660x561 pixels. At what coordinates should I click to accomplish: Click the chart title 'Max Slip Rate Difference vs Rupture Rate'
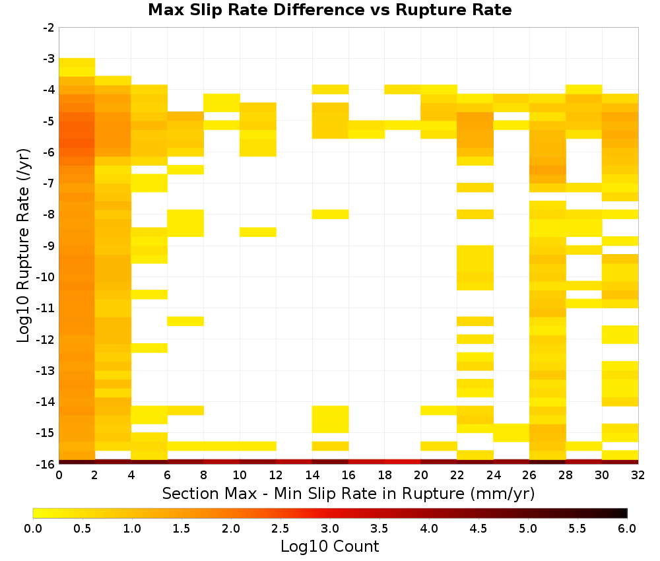(x=329, y=10)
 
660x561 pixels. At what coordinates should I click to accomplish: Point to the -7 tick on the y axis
(x=49, y=183)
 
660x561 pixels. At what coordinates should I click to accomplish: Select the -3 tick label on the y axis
(x=49, y=59)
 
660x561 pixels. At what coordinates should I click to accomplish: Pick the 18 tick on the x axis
(x=385, y=475)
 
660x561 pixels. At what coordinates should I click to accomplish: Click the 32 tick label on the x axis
(x=638, y=475)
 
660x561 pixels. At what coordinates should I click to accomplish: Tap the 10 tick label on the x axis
(x=240, y=475)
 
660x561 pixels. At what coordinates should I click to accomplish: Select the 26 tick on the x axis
(x=529, y=475)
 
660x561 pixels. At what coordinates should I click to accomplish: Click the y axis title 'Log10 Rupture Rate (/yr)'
(x=23, y=246)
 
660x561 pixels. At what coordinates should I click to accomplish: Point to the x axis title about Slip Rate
(x=348, y=493)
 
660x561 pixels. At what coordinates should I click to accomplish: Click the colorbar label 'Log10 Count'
(x=329, y=546)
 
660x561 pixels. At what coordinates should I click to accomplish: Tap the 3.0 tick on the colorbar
(x=330, y=529)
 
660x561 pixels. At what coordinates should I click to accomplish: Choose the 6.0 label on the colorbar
(x=627, y=529)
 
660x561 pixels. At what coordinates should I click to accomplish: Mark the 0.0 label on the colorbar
(x=33, y=529)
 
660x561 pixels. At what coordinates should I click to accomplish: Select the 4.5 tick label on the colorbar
(x=478, y=529)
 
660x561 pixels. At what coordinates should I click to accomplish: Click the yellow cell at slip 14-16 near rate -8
(x=331, y=214)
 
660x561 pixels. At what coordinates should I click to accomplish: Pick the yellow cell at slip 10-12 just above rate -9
(x=258, y=232)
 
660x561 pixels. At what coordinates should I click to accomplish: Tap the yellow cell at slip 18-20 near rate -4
(x=403, y=89)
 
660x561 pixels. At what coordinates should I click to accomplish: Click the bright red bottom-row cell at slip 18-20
(x=403, y=462)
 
